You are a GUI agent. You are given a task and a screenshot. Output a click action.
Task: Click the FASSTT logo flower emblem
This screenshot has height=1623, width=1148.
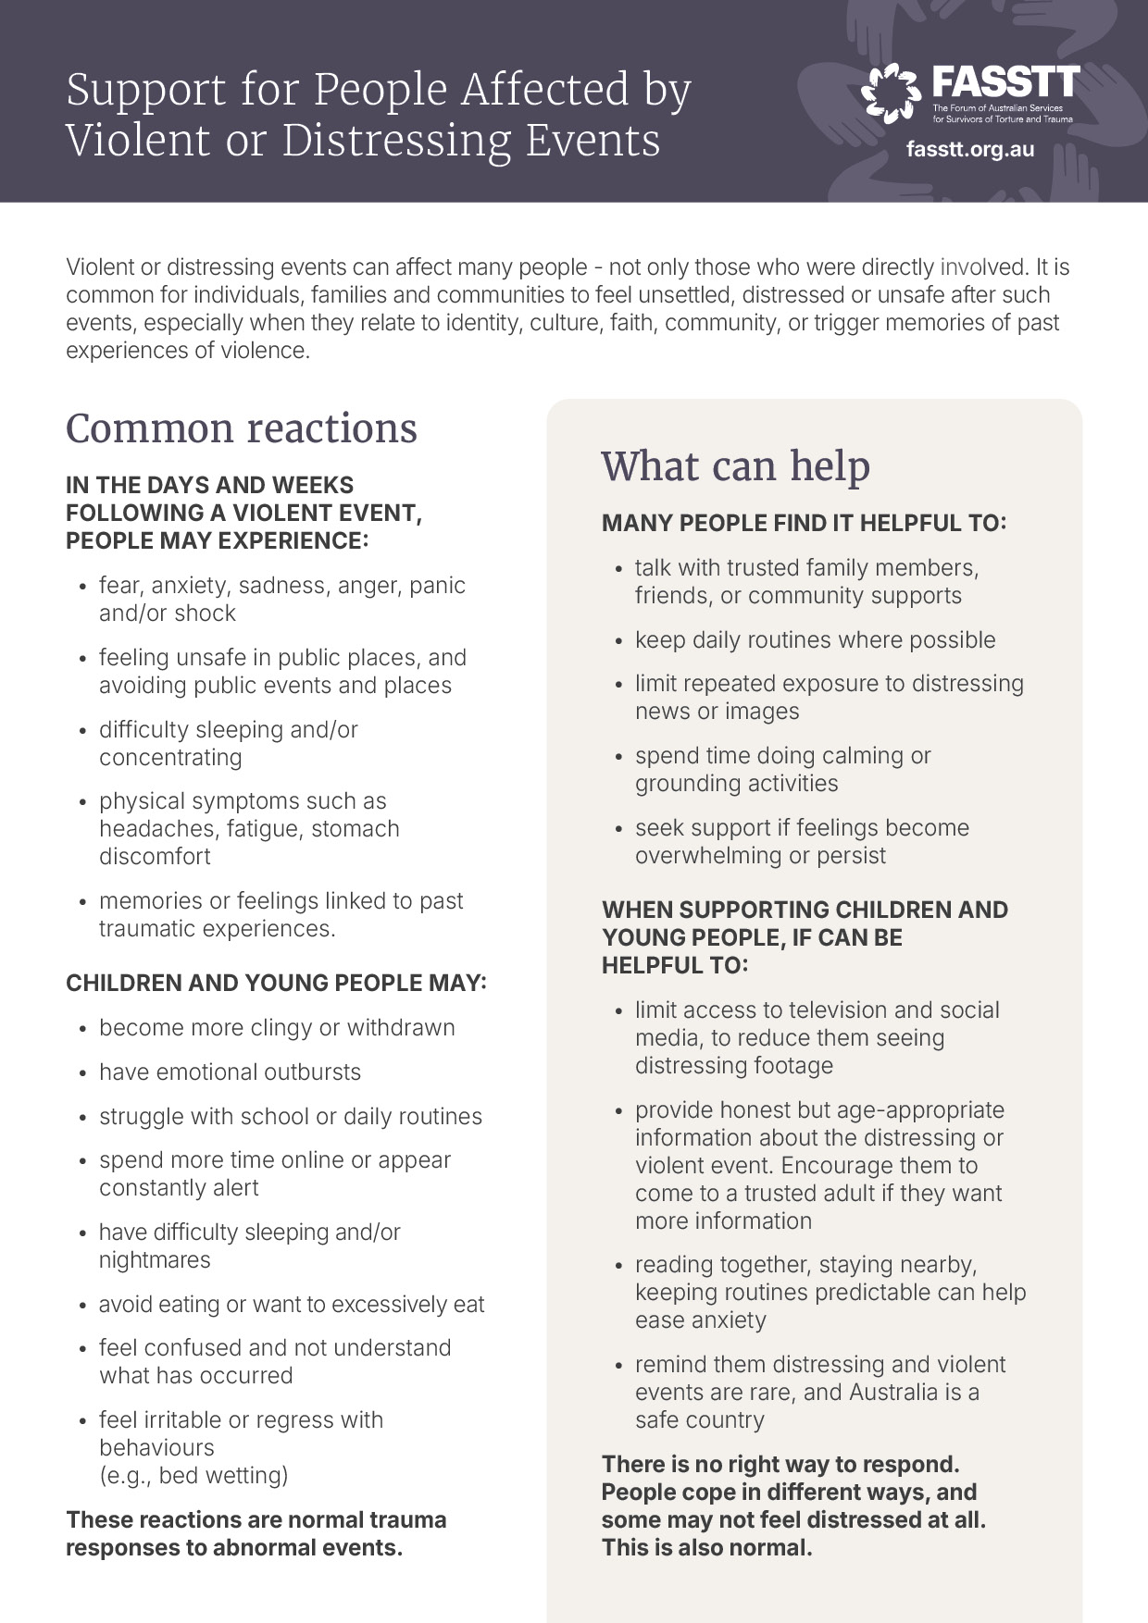pyautogui.click(x=891, y=93)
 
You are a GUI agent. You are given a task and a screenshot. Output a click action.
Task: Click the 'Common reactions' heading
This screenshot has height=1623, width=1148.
pyautogui.click(x=242, y=428)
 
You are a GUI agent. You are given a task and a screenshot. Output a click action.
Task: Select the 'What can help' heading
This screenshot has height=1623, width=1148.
pyautogui.click(x=736, y=465)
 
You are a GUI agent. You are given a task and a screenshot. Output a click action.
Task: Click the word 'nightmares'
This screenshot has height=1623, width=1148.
pyautogui.click(x=155, y=1260)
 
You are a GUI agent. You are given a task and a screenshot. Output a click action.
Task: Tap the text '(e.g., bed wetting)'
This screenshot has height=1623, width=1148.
pyautogui.click(x=193, y=1475)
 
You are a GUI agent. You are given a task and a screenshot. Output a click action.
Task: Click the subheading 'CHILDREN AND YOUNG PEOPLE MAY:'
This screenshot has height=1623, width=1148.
pyautogui.click(x=276, y=983)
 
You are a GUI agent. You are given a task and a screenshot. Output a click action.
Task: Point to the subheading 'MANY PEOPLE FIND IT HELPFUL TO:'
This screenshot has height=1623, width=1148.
pyautogui.click(x=804, y=524)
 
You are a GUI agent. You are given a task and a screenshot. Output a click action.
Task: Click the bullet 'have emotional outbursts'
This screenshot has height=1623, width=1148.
pyautogui.click(x=230, y=1072)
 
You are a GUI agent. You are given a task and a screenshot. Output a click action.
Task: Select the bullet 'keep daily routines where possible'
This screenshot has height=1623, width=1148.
pyautogui.click(x=815, y=640)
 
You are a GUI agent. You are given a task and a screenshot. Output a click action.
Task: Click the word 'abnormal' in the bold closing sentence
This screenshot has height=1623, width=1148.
pyautogui.click(x=258, y=1548)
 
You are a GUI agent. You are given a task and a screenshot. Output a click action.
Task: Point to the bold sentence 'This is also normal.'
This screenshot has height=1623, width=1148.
pyautogui.click(x=706, y=1548)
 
